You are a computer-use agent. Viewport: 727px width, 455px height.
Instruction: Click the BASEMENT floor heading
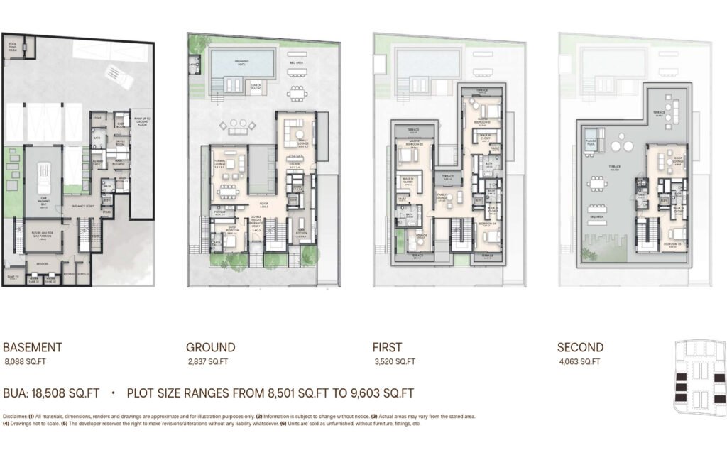33,348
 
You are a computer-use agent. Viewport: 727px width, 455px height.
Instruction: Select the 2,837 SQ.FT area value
207,361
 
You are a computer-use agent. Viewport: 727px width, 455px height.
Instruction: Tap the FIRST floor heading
387,348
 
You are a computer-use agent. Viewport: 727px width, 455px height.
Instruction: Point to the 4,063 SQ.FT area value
579,361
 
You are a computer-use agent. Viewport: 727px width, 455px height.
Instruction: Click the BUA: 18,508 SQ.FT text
53,393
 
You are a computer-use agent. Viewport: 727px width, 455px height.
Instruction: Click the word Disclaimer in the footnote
16,417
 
